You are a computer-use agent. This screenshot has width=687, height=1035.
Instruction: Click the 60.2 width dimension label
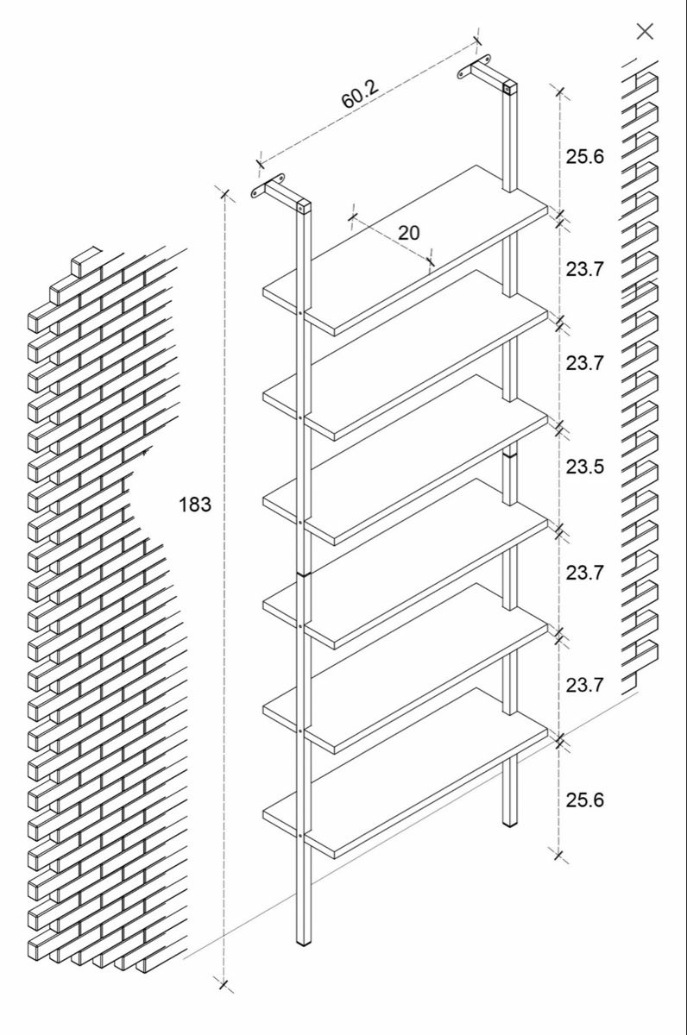pyautogui.click(x=360, y=94)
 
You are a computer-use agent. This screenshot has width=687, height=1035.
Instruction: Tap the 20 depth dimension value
pyautogui.click(x=409, y=233)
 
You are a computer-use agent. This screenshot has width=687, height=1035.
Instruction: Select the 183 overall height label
pyautogui.click(x=195, y=504)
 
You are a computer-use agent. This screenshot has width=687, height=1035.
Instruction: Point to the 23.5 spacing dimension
pyautogui.click(x=585, y=467)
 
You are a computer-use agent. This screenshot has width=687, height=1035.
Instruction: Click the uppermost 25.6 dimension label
pyautogui.click(x=585, y=156)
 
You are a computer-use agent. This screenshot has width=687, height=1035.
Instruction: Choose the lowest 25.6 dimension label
pyautogui.click(x=585, y=800)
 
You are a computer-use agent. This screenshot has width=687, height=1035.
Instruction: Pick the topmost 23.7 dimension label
pyautogui.click(x=585, y=268)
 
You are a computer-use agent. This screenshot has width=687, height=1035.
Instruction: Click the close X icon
pyautogui.click(x=645, y=32)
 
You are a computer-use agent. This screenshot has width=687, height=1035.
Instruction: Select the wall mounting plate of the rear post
pyautogui.click(x=475, y=67)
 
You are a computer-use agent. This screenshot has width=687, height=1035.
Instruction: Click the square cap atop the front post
pyautogui.click(x=303, y=206)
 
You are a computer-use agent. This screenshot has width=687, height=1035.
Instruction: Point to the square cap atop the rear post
pyautogui.click(x=509, y=87)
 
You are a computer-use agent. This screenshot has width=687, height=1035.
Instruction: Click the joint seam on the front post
pyautogui.click(x=303, y=574)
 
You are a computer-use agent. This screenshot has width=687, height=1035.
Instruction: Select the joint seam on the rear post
pyautogui.click(x=509, y=455)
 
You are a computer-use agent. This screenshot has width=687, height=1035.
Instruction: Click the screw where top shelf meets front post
pyautogui.click(x=300, y=313)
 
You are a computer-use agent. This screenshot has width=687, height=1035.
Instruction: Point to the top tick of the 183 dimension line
pyautogui.click(x=224, y=193)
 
